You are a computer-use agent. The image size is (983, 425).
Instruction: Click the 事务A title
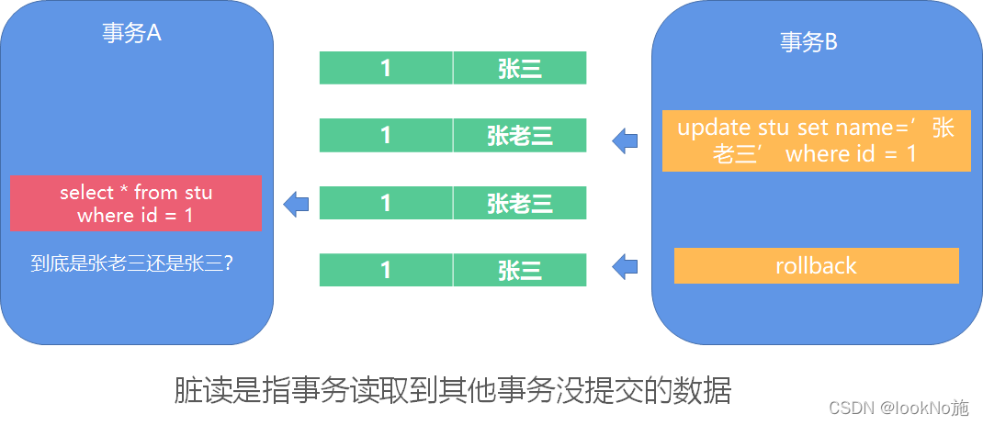click(132, 33)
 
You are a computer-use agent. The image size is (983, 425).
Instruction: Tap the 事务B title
click(809, 42)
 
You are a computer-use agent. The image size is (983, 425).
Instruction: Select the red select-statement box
click(136, 204)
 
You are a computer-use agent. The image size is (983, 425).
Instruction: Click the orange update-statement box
click(816, 140)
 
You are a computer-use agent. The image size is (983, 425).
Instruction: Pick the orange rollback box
click(816, 266)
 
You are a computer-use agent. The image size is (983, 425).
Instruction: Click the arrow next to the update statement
click(625, 140)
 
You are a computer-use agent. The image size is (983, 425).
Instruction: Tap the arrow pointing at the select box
click(295, 204)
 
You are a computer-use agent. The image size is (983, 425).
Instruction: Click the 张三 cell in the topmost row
click(520, 68)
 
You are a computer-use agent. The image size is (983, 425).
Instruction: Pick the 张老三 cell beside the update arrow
click(520, 136)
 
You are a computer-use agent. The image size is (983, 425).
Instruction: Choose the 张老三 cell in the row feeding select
click(520, 203)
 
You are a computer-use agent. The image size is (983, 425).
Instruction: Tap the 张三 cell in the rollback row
click(520, 270)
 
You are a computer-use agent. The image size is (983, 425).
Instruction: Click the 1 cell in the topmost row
click(386, 68)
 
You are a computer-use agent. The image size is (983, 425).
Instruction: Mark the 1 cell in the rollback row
click(386, 270)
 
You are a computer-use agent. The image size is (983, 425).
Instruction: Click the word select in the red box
click(85, 193)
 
